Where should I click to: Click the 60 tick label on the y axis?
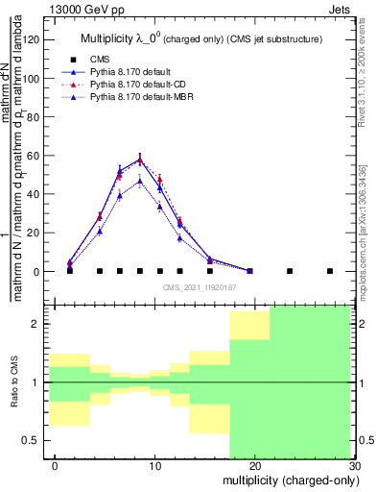[35, 155]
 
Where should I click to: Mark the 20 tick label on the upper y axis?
[35, 233]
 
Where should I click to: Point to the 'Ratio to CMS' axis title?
[14, 381]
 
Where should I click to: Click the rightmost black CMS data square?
[330, 271]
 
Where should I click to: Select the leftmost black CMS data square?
[70, 271]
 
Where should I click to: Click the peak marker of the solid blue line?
[140, 160]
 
